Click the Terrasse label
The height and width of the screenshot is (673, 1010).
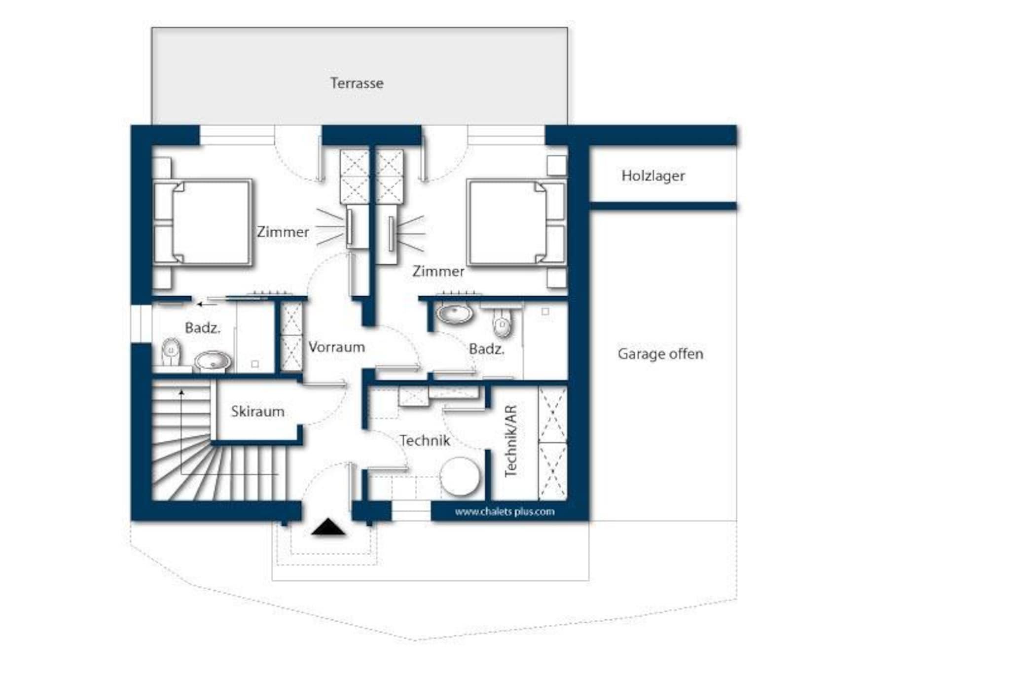[357, 83]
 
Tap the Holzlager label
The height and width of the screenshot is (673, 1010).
[653, 176]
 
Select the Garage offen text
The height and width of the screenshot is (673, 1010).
[660, 354]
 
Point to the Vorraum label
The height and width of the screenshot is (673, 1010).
[337, 347]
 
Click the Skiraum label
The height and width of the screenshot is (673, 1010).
[257, 411]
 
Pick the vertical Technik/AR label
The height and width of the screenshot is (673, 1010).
[510, 441]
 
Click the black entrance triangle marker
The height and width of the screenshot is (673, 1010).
[328, 527]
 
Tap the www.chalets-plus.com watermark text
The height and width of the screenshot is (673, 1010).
[505, 512]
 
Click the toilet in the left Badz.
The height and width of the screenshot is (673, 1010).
[171, 352]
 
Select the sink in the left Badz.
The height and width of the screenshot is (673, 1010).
[213, 361]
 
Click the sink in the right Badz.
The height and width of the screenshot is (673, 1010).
[455, 313]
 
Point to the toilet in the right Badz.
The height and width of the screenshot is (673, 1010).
[502, 322]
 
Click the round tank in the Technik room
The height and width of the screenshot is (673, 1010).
[460, 477]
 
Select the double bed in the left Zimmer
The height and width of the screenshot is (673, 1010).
[203, 223]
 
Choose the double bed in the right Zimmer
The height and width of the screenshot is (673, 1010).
[516, 223]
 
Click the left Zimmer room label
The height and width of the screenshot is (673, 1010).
[283, 232]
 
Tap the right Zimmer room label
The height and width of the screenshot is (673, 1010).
[438, 271]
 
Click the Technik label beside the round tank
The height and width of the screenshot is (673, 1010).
[425, 440]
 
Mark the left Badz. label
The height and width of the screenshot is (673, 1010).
[203, 328]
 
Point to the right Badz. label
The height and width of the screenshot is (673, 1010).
[487, 349]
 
